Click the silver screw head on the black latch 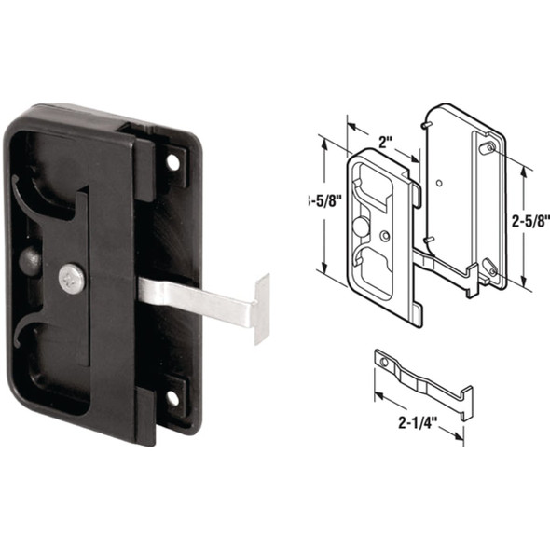pos(72,277)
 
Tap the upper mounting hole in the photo pos(172,162)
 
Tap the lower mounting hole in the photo pos(172,399)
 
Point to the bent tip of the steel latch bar pos(260,301)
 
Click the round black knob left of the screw pos(31,260)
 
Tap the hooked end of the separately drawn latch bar pos(464,396)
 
